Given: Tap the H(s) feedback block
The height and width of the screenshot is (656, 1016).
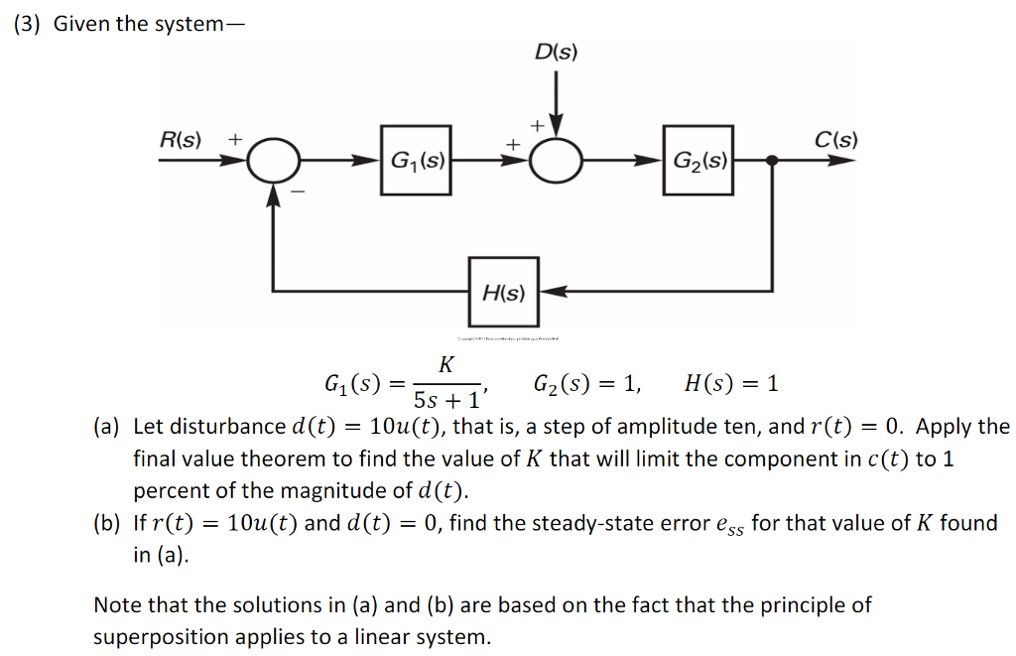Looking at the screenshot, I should coord(504,292).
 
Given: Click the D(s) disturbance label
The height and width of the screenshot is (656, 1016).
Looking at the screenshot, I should coord(556,53).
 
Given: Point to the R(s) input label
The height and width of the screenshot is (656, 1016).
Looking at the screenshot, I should coord(181,139).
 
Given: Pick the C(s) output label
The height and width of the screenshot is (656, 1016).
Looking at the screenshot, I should coord(835,139).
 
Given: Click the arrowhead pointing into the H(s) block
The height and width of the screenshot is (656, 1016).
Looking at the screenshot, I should coord(552,292).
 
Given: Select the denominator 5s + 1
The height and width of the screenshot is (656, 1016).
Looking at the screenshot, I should coord(445,400).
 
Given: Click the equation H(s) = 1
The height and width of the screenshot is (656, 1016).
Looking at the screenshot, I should coord(731,383).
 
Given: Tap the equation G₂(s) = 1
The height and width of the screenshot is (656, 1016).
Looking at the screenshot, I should coord(586,383).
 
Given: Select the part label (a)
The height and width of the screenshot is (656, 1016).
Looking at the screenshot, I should coord(106,428).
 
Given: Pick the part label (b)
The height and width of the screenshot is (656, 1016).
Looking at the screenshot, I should coord(106,524).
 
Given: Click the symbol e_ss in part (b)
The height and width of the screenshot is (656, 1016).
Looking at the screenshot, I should coord(728,526).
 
